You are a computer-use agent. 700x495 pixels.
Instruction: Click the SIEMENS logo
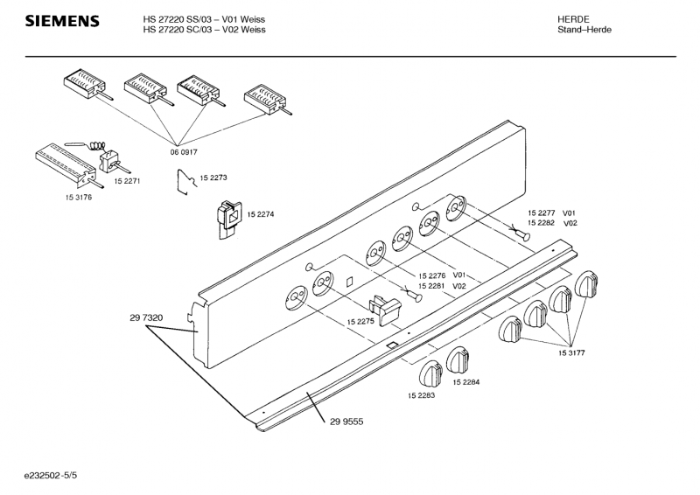tap(62, 21)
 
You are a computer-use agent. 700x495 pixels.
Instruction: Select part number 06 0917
tap(184, 152)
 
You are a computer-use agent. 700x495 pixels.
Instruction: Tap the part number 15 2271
tap(127, 181)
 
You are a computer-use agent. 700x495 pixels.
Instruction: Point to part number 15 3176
tap(79, 198)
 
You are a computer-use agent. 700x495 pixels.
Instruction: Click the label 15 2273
tap(213, 178)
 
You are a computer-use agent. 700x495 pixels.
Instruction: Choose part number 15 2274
tap(261, 214)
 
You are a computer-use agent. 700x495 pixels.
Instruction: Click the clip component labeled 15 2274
tap(229, 220)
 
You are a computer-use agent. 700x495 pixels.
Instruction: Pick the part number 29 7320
tap(146, 317)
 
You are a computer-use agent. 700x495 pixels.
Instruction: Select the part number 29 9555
tap(346, 422)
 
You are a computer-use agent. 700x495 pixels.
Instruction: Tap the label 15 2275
tap(360, 321)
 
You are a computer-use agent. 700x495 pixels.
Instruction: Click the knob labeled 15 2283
tap(430, 373)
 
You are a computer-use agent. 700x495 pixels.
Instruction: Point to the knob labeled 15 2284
tap(458, 360)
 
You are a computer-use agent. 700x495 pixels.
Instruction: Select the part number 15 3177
tap(571, 353)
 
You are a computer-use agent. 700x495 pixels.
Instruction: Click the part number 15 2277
tap(541, 213)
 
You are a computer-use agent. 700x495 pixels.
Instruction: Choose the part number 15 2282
tap(541, 223)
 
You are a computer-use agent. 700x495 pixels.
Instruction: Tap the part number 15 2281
tap(431, 286)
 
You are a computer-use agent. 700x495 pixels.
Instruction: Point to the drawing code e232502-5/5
tap(51, 476)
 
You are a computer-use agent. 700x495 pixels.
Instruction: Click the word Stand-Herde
tap(584, 30)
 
